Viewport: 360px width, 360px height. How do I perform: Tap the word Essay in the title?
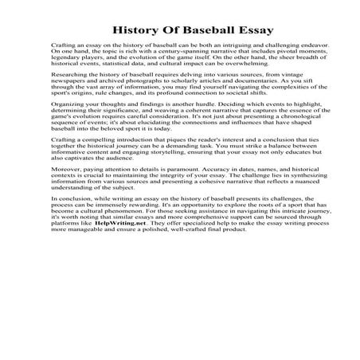point(230,29)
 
